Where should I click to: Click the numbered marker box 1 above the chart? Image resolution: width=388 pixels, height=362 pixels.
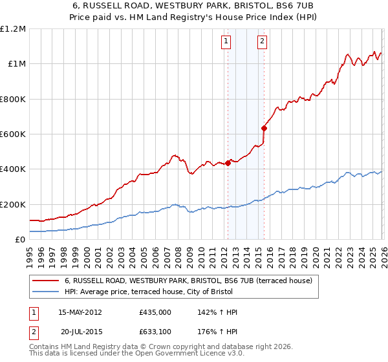(226, 42)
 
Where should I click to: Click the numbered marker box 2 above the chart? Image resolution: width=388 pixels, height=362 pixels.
(263, 42)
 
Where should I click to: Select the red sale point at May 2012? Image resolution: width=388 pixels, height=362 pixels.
(228, 163)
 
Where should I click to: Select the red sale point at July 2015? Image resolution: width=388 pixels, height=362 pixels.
(264, 128)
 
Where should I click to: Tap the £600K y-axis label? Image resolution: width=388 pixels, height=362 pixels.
(13, 134)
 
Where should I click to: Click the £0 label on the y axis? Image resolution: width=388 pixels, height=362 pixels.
(21, 240)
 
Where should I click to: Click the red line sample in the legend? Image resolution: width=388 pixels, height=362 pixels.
(46, 281)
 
